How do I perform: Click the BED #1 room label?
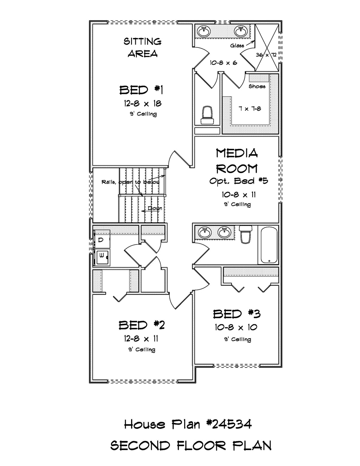point(141,90)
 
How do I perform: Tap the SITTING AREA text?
point(142,47)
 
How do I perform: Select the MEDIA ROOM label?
point(237,161)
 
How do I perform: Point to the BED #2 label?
point(142,325)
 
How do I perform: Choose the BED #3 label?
point(237,314)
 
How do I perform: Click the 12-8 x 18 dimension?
point(142,104)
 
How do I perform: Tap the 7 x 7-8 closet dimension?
point(250,109)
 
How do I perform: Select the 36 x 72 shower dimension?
point(266,55)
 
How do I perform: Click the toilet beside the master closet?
point(207,115)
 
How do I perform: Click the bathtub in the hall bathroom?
point(269,245)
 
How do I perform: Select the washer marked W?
point(102,257)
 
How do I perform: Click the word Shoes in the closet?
point(257,86)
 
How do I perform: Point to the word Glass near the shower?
point(237,46)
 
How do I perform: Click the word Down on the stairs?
point(155,208)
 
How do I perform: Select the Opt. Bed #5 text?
point(238,181)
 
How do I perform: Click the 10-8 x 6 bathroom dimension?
point(223,63)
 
